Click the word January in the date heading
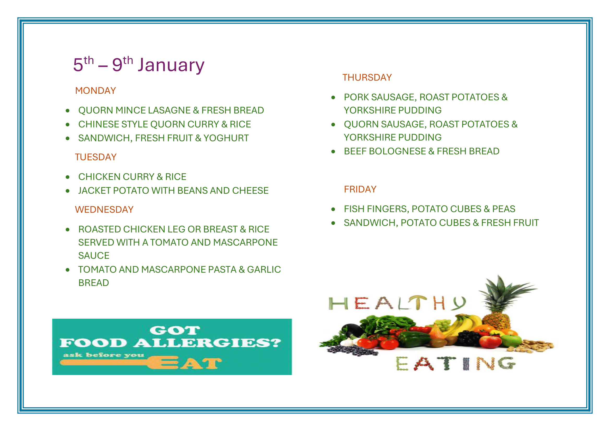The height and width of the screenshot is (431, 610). coord(171,65)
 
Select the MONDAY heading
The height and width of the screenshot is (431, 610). coord(95,91)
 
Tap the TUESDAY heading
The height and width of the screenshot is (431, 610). coord(96,157)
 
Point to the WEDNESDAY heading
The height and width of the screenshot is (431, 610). coord(104,210)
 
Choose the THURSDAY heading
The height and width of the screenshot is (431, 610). coord(367,77)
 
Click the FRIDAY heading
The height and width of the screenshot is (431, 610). coord(360,189)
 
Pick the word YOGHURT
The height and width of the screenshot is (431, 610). coord(226,138)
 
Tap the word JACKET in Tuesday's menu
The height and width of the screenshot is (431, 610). coord(94,190)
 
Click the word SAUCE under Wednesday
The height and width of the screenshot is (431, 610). coord(94,256)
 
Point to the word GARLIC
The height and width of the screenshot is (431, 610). coord(264,270)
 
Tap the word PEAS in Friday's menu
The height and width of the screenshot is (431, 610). coord(504,209)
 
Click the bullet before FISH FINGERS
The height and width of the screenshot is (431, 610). coord(333,210)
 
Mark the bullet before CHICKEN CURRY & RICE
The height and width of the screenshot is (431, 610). coord(68,177)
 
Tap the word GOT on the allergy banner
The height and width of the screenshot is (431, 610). coord(174,330)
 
